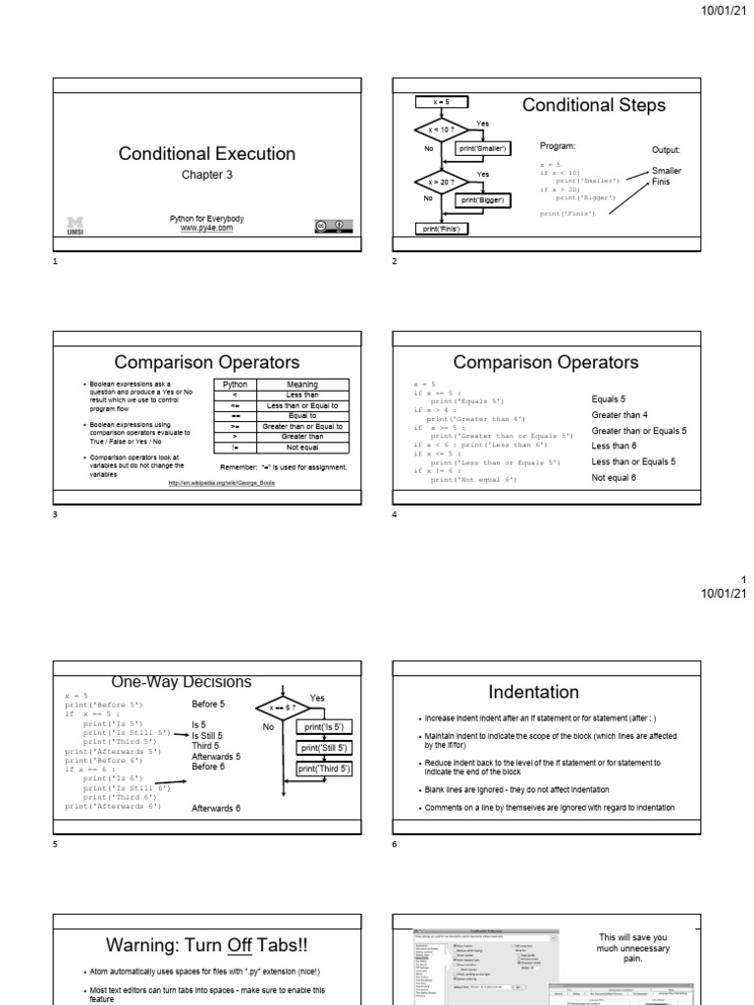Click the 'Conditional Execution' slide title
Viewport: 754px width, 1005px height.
tap(206, 153)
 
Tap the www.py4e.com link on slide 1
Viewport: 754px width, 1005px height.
tap(206, 228)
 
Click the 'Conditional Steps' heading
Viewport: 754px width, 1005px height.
tap(593, 105)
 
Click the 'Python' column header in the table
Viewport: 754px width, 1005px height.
tap(236, 385)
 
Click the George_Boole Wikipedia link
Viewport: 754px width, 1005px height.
tap(221, 483)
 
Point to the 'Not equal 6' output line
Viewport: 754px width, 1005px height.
tap(614, 477)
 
